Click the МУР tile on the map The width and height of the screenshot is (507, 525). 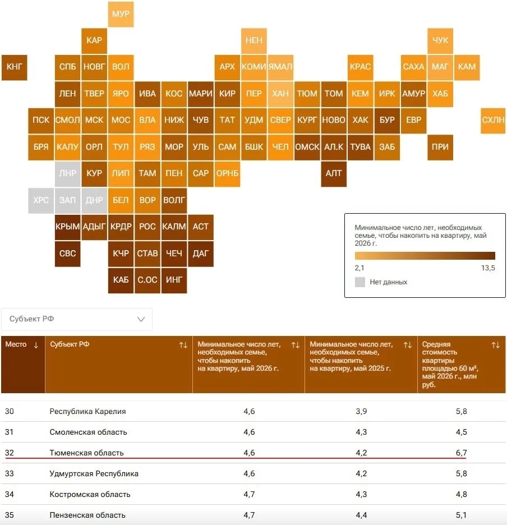(121, 14)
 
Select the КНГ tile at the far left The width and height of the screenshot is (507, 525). (15, 67)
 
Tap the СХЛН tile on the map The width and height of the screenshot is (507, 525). (493, 121)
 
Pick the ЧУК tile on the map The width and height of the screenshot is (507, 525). (440, 41)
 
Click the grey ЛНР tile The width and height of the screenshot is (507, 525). (68, 174)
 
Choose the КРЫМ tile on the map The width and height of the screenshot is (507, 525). (68, 227)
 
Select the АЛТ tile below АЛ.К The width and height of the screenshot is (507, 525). (334, 174)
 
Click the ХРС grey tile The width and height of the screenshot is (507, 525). (41, 200)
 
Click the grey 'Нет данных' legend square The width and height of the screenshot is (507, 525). (359, 282)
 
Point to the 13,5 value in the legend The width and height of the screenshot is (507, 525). (488, 268)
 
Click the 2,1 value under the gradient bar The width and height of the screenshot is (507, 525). (359, 268)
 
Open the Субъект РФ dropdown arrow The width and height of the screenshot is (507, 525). (141, 319)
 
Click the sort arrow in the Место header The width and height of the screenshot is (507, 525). (36, 345)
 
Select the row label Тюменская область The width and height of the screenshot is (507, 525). (86, 453)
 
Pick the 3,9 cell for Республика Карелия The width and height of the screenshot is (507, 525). (361, 411)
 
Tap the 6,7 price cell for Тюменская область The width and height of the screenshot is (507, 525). (461, 453)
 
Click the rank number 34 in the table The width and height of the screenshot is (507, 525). (10, 494)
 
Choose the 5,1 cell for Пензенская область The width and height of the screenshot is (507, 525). (461, 515)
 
